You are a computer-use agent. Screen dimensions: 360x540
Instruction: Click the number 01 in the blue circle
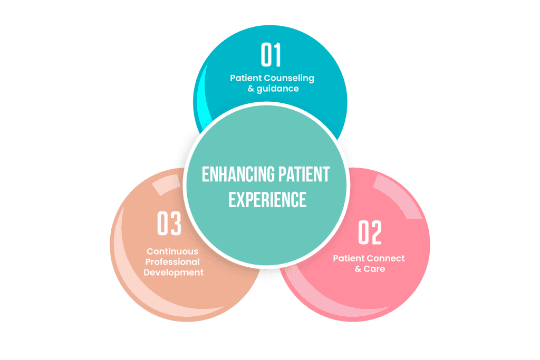point(272,55)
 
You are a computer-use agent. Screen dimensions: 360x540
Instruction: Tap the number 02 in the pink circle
point(370,233)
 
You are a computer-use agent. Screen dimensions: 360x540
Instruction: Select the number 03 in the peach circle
point(170,223)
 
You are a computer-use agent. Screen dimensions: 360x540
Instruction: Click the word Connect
point(387,258)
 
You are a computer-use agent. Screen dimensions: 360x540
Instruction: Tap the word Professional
point(173,262)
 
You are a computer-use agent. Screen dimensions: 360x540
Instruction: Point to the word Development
point(173,273)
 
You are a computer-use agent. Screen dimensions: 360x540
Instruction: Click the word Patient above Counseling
point(246,78)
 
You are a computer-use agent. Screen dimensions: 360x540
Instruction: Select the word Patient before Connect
point(349,258)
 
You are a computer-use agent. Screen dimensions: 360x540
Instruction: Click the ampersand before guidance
point(252,89)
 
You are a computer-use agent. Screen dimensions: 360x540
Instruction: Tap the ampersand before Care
point(358,269)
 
